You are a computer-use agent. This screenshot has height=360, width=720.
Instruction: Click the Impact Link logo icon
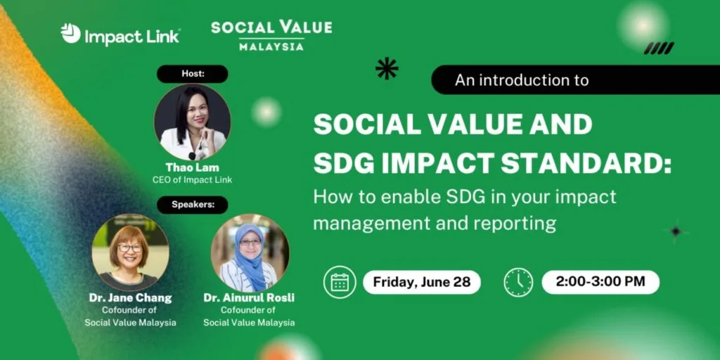coord(70,34)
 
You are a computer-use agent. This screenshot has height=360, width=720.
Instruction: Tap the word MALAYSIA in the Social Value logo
coord(271,46)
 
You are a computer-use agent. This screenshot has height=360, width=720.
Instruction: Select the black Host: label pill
coord(193,74)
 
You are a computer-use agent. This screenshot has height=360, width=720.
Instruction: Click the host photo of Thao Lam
coord(193,122)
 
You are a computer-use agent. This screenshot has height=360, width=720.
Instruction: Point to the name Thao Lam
coord(193,167)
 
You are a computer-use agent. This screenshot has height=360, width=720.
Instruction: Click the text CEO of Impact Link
coord(193,180)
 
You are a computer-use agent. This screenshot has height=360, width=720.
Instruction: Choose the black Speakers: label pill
coord(193,205)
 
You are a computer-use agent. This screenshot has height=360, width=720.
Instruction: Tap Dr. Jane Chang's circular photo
coord(130,252)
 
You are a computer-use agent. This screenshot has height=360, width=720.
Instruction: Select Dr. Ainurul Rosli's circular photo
coord(250,252)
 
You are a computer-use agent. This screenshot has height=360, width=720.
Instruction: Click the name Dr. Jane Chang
coord(130,298)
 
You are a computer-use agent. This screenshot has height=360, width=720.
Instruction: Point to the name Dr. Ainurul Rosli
coord(250,298)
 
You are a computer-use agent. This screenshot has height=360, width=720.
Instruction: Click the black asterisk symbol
coord(387,68)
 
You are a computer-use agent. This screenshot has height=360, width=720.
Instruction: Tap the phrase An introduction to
coord(522,80)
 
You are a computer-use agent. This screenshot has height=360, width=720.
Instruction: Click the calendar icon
coord(340,283)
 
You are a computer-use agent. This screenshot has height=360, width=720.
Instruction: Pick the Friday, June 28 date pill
coord(422,282)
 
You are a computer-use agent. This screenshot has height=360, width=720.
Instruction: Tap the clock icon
coord(518,283)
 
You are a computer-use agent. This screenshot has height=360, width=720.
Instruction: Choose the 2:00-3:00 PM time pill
coord(600,282)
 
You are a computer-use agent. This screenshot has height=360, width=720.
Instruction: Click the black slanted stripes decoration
coord(659,49)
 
